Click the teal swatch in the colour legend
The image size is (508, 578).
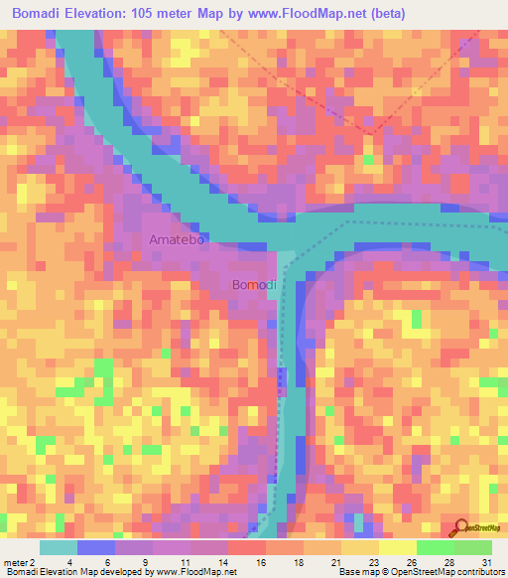tap(59, 547)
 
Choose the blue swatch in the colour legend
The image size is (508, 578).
tap(96, 547)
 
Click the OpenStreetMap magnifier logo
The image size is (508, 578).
tap(459, 527)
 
